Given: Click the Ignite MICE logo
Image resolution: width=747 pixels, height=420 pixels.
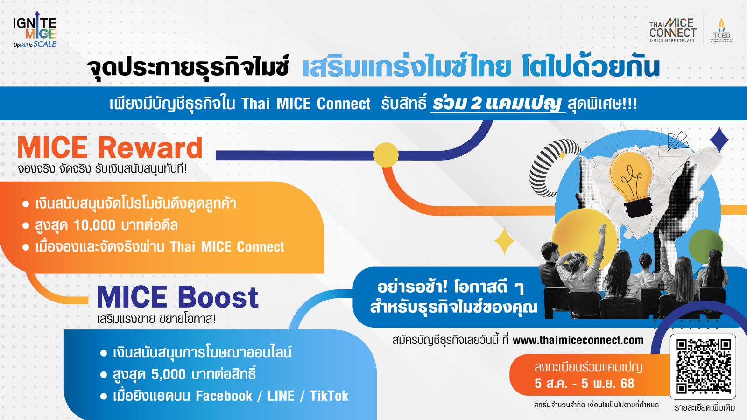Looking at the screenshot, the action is [35, 29].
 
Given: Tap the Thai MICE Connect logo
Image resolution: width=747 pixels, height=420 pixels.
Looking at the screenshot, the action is [673, 30].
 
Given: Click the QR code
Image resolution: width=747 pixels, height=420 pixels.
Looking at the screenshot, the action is [703, 366].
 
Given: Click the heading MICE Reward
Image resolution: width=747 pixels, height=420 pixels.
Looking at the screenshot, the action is [110, 147].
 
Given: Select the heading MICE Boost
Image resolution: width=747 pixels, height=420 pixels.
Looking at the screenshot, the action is [178, 297].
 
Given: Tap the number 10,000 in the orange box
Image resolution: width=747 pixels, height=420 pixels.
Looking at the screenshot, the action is [94, 226].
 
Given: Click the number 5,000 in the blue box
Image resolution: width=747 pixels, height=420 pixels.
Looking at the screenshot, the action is [169, 374].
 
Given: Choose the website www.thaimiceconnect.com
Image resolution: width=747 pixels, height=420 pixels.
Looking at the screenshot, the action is [578, 340].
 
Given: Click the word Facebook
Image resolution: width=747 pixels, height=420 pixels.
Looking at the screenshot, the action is [224, 396].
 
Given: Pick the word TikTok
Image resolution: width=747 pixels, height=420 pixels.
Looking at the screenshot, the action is [329, 396].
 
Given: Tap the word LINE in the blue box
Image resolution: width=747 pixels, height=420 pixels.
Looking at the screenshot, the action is [281, 396].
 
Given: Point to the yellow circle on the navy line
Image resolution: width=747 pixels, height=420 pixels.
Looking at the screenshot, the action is [386, 155].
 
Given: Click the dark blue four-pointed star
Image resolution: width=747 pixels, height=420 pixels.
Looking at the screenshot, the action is [719, 140].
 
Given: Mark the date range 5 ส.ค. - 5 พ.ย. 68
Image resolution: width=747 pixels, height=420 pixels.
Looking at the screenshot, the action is [584, 384].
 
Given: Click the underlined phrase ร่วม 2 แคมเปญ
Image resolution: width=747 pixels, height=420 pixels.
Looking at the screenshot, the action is [498, 104].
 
